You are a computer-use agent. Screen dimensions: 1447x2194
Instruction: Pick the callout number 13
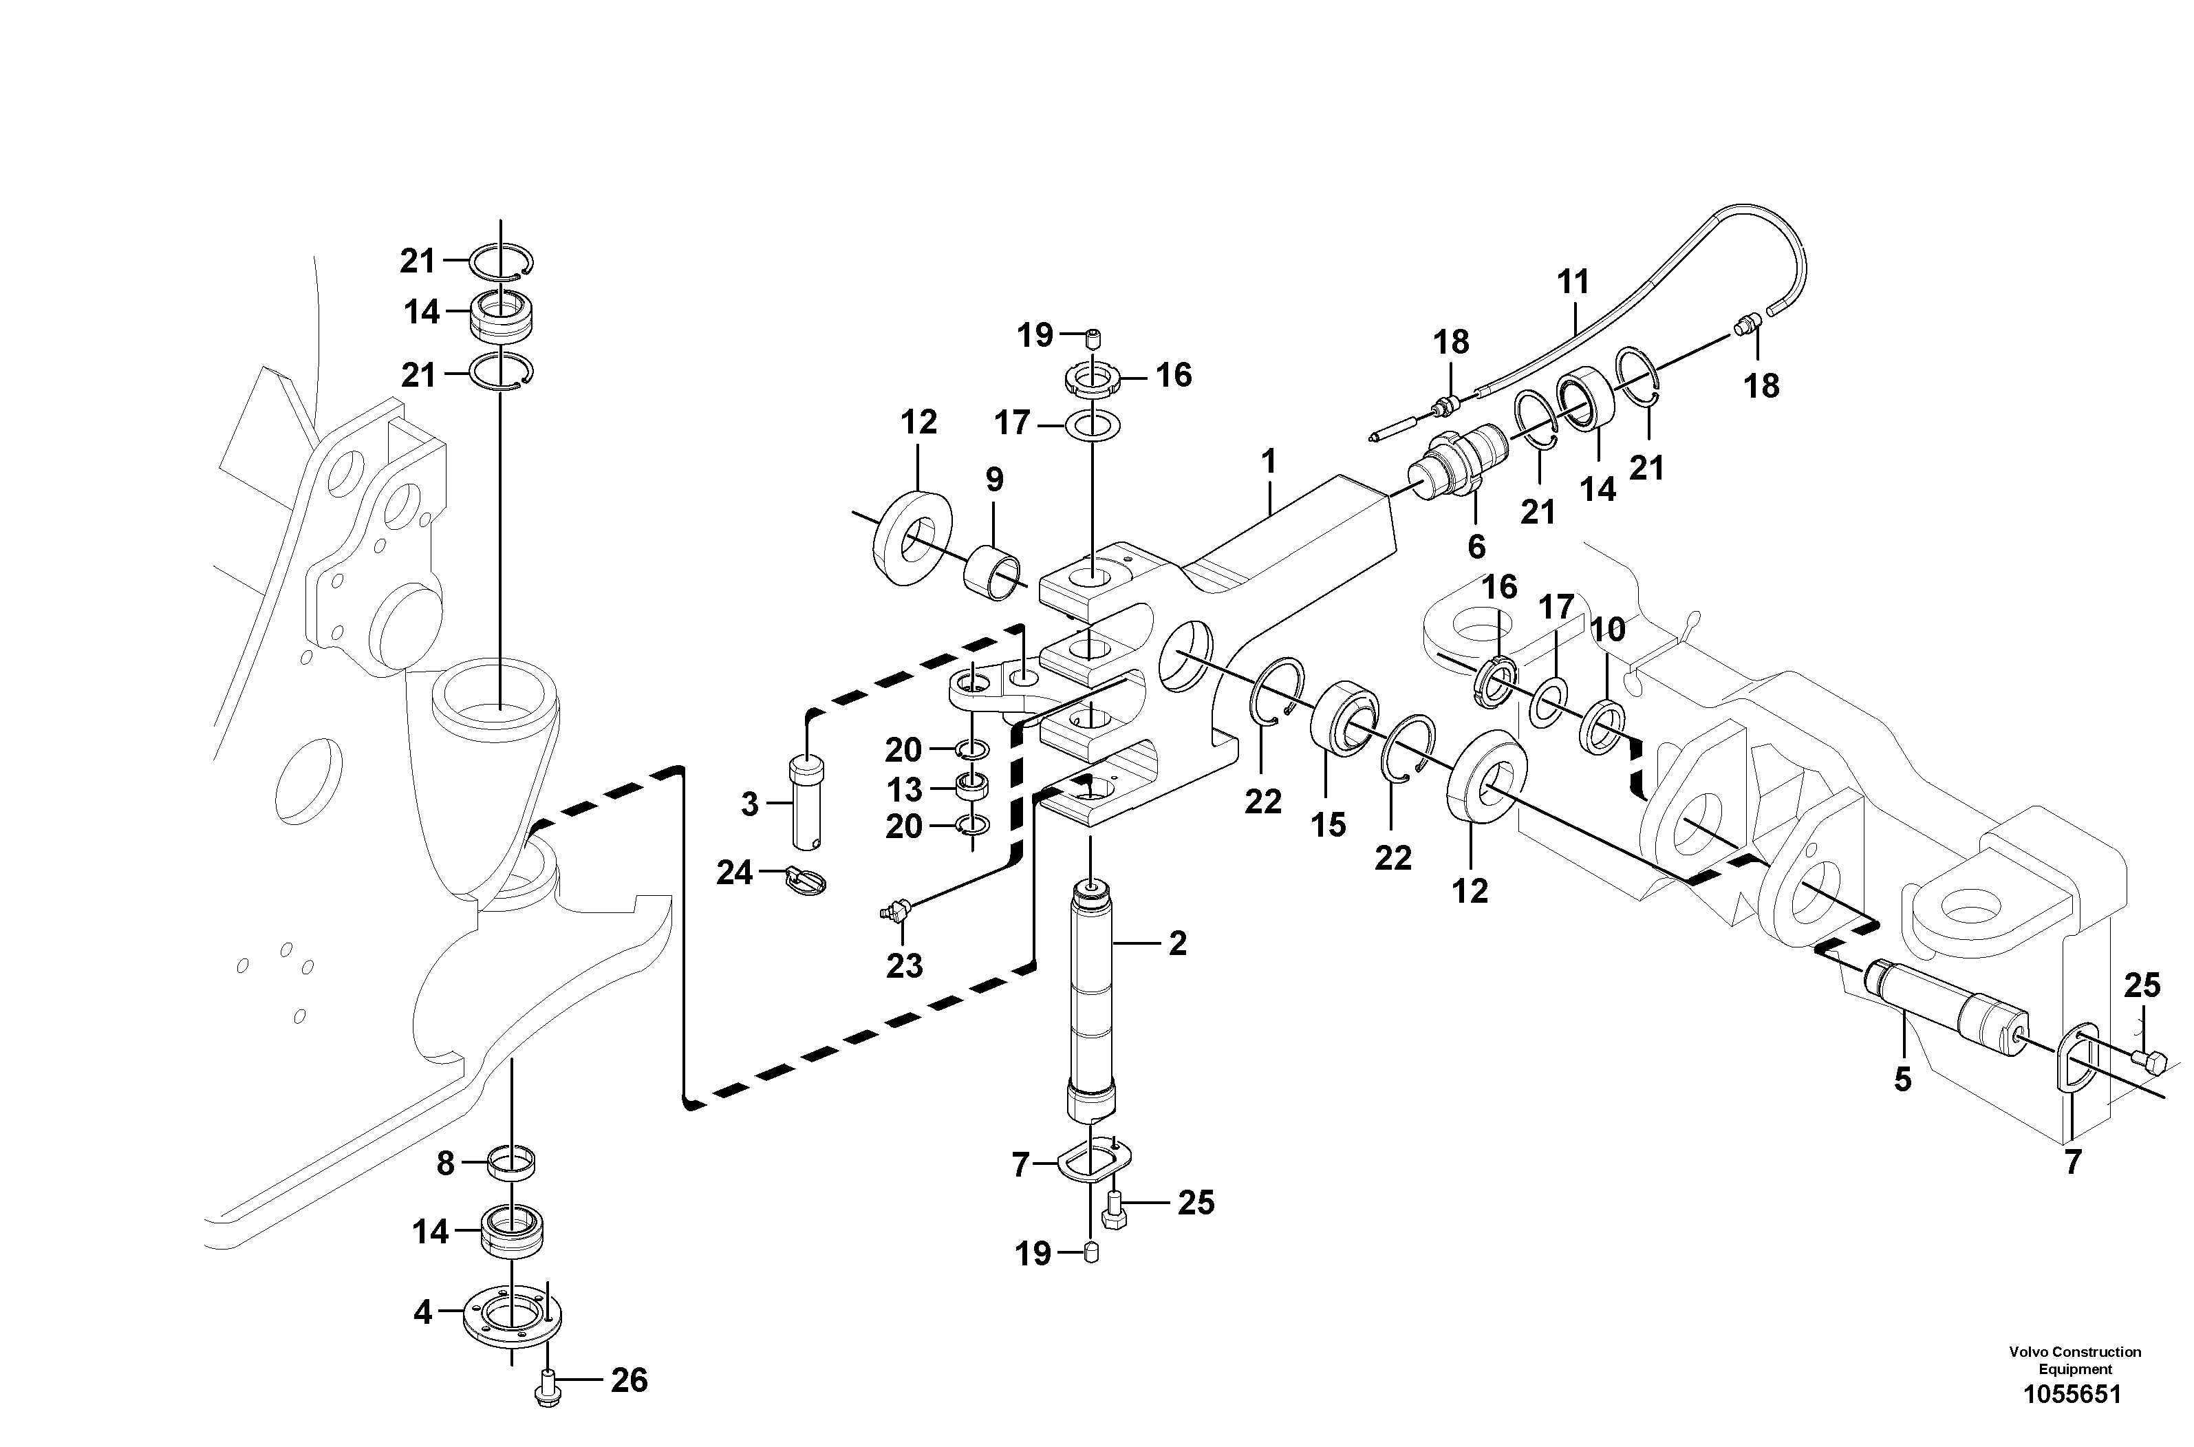pyautogui.click(x=905, y=790)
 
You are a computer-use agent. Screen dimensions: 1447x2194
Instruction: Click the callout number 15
pyautogui.click(x=1329, y=825)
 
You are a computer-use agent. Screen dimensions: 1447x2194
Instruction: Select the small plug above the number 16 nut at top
pyautogui.click(x=1093, y=340)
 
